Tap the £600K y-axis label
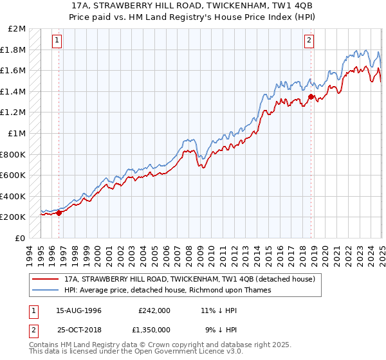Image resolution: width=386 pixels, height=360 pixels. click(14, 175)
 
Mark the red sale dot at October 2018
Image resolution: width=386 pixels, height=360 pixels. click(311, 97)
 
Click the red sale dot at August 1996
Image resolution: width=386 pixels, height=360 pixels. click(59, 213)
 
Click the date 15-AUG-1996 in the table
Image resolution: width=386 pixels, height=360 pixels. click(79, 310)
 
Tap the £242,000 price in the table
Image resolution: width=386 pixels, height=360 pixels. click(154, 310)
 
